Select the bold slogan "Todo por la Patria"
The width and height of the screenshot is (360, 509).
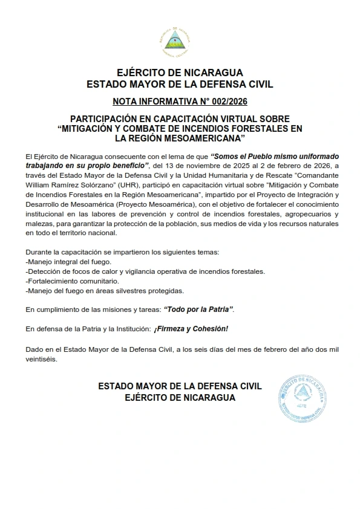[x=198, y=310]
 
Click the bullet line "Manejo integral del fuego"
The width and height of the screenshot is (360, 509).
[x=69, y=261]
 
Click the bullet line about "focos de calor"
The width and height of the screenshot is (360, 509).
[x=146, y=271]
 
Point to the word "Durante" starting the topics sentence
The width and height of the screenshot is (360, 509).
[x=38, y=251]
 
